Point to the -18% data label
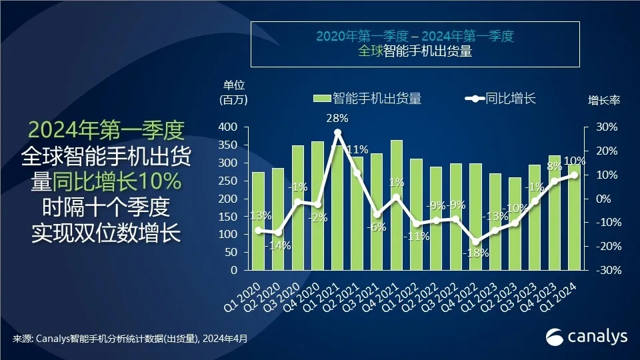[x=477, y=253]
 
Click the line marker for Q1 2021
[x=337, y=133]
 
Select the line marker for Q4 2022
[x=475, y=242]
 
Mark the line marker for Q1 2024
[x=574, y=175]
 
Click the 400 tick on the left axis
[x=228, y=127]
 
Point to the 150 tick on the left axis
[x=228, y=217]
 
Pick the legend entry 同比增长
[x=501, y=99]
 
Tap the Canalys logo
[x=587, y=337]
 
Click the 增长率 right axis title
[x=603, y=100]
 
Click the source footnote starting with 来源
[x=130, y=339]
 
